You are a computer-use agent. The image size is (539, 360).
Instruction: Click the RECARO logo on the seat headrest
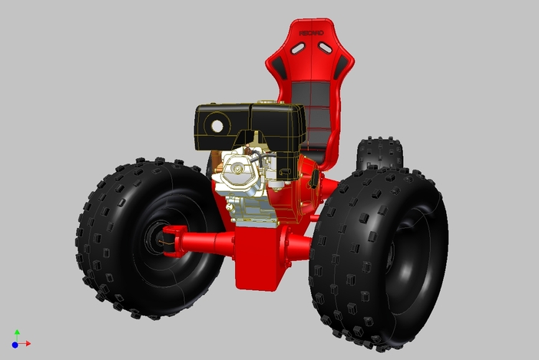(x=310, y=34)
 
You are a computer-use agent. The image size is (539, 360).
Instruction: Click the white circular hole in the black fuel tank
(x=217, y=124)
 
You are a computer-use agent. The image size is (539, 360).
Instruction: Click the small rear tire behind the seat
(x=379, y=154)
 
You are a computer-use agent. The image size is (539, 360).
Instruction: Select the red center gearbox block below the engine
(x=258, y=257)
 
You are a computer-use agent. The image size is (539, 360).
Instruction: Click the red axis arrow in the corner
(x=25, y=343)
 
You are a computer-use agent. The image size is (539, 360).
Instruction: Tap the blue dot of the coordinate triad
(x=15, y=345)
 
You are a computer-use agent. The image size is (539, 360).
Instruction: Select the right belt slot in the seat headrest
(x=326, y=48)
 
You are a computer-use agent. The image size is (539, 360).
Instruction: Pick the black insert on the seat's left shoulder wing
(x=281, y=69)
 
